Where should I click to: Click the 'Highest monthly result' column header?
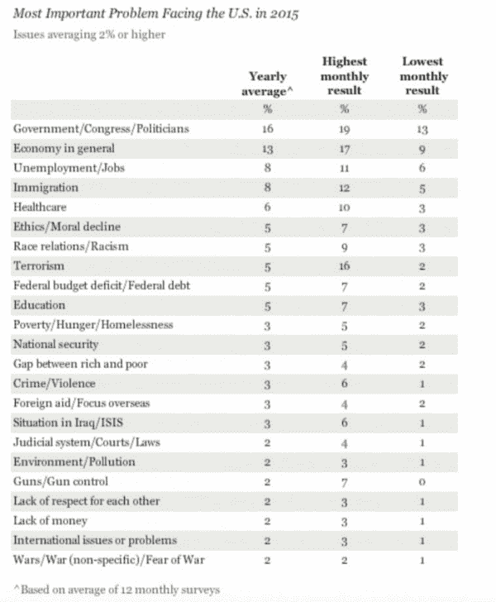[x=344, y=75]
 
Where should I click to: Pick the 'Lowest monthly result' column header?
[x=422, y=75]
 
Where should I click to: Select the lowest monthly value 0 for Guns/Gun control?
[x=422, y=481]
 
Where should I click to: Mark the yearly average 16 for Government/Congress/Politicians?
[x=267, y=129]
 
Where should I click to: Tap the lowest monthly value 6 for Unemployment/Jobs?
[x=422, y=169]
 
